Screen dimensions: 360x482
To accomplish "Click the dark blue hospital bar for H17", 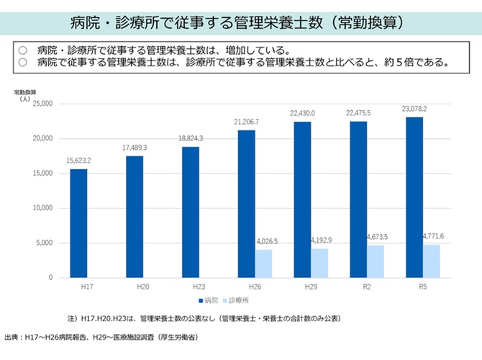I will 78,223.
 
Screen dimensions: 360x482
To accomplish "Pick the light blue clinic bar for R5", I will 432,261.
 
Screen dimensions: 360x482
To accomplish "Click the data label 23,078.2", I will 414,109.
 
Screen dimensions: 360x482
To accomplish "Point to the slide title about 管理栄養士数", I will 240,21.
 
